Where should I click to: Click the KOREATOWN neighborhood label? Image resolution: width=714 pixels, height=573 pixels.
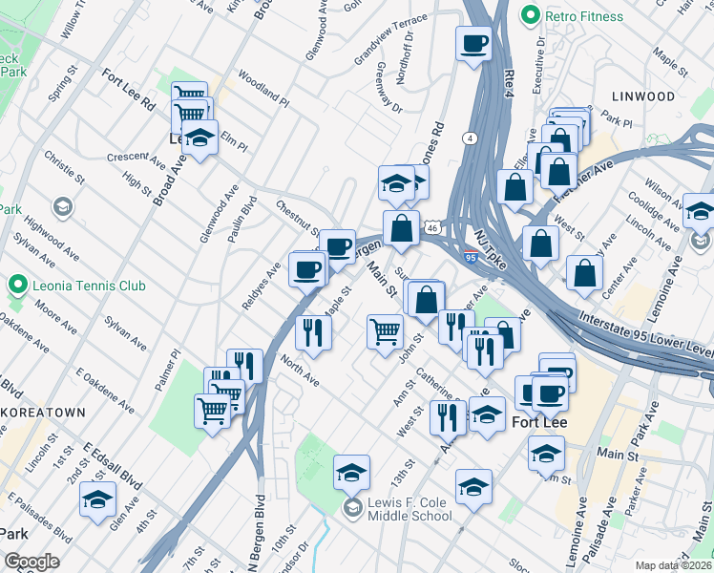click(43, 412)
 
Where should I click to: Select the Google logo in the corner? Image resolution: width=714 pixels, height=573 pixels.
click(31, 562)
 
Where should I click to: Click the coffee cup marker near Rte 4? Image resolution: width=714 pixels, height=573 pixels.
click(473, 43)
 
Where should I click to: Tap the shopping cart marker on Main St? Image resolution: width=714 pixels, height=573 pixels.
click(385, 331)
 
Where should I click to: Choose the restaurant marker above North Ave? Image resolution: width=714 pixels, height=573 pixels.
click(313, 331)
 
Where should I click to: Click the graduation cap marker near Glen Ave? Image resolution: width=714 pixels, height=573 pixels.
click(97, 499)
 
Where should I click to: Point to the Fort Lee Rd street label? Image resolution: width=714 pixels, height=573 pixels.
click(129, 91)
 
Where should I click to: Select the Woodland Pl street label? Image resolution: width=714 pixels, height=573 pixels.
click(263, 87)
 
